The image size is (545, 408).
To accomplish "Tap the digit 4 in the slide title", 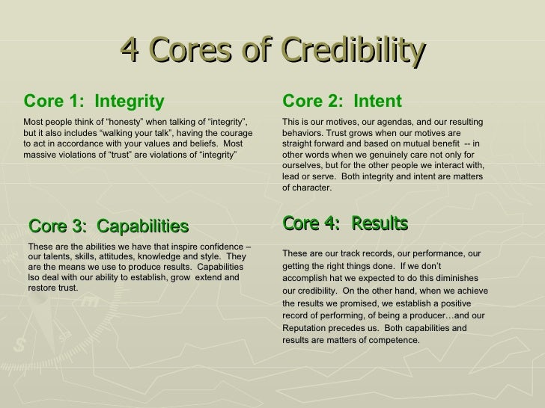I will coord(129,52).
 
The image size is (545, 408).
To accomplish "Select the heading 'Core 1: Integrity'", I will coord(94,101).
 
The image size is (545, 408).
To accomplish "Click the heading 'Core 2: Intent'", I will coord(342,101).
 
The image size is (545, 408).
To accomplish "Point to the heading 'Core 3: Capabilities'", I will coord(108,226).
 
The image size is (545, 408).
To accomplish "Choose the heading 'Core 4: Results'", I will coord(345,223).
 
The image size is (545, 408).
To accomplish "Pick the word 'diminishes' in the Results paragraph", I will coord(462,279).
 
